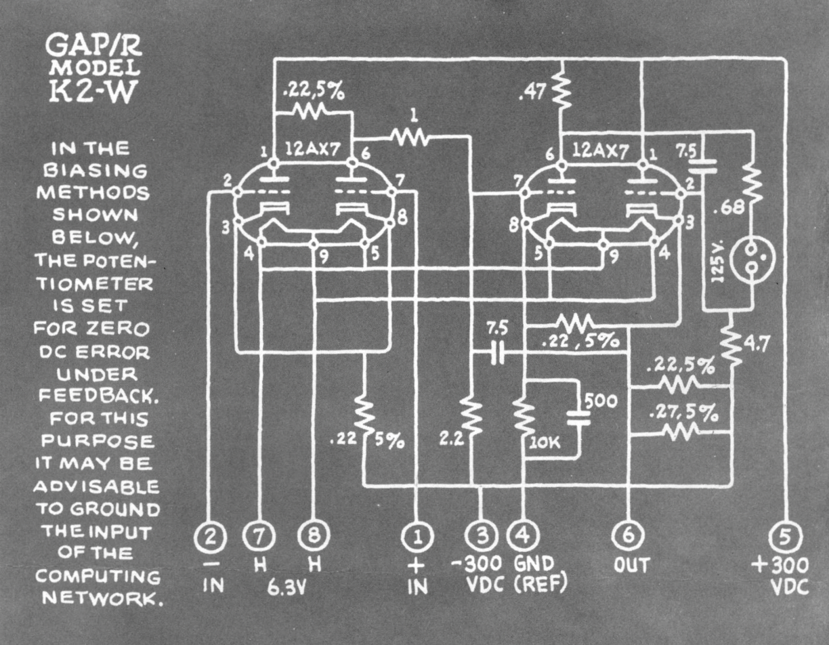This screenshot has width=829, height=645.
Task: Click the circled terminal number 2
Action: pos(212,538)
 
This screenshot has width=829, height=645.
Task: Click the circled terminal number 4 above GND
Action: pos(524,538)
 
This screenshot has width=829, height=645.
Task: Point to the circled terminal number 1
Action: pos(417,538)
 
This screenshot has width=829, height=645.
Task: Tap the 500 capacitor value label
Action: pos(602,401)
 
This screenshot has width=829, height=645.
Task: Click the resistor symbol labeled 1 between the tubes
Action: pos(409,138)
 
